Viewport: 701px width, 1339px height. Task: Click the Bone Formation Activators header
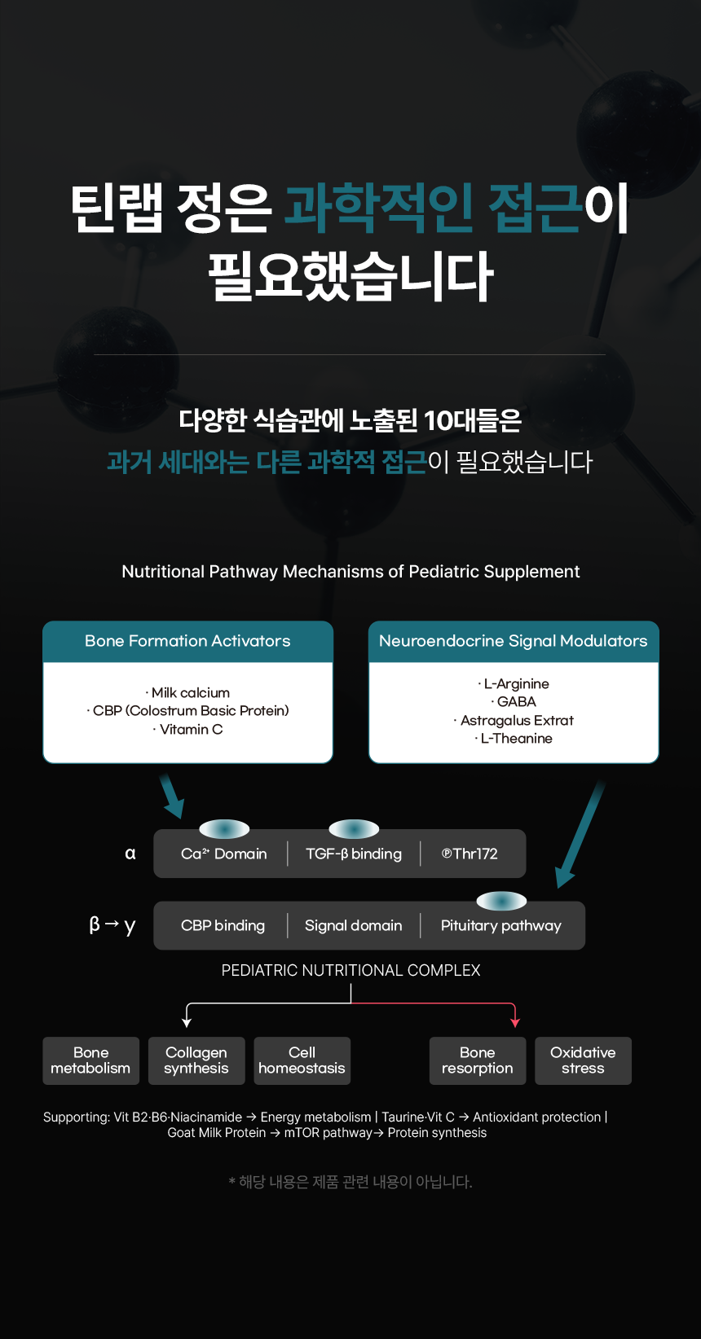(x=187, y=642)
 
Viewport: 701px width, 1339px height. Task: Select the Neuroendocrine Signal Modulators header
(x=514, y=642)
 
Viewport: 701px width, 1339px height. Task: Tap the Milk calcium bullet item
(x=187, y=693)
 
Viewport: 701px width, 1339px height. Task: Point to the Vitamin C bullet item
(x=187, y=729)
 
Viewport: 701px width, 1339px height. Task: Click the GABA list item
(x=514, y=702)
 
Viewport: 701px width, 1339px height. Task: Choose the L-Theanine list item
(x=514, y=738)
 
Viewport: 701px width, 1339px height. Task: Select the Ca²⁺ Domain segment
(x=223, y=854)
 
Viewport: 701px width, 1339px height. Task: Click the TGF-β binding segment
(x=354, y=854)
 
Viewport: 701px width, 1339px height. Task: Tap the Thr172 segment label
(x=470, y=854)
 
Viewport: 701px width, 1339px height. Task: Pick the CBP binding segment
(x=223, y=925)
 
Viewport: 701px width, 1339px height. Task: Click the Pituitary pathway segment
(x=501, y=925)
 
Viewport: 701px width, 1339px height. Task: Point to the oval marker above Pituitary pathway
(x=501, y=901)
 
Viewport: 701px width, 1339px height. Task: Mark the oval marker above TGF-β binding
(x=354, y=829)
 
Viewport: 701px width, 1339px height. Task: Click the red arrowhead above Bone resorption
(x=515, y=1023)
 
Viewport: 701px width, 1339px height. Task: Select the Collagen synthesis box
(x=196, y=1060)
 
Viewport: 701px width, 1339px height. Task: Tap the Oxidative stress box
(x=583, y=1060)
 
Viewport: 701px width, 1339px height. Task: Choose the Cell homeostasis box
(x=302, y=1060)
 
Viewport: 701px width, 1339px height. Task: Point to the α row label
(x=130, y=854)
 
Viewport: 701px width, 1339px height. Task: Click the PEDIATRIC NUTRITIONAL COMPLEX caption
(x=351, y=970)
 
